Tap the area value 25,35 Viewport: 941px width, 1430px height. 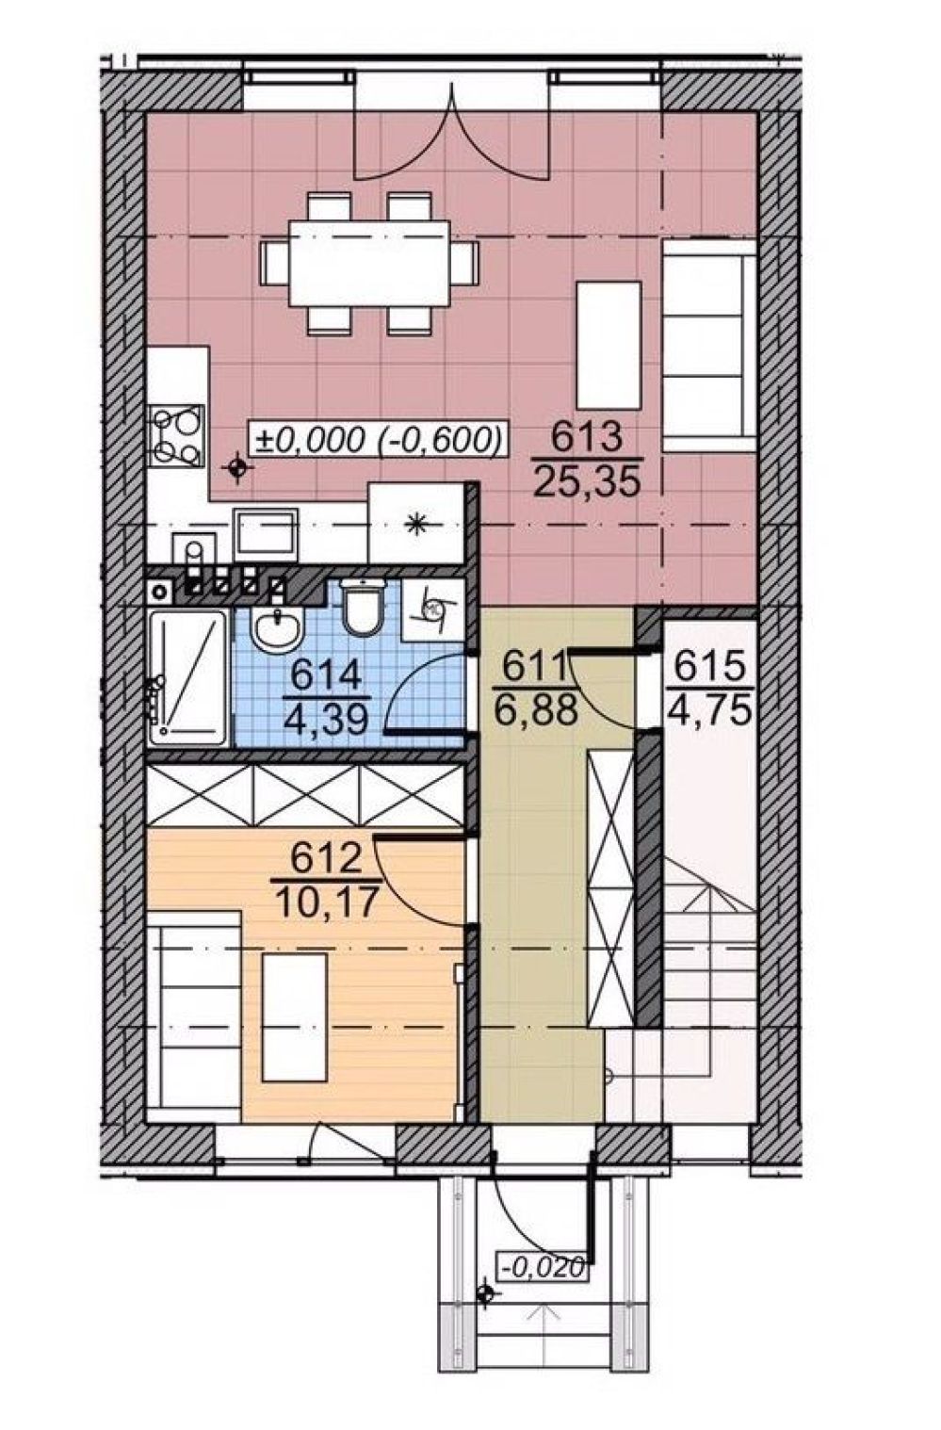(587, 481)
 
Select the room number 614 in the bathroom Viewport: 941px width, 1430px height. (326, 675)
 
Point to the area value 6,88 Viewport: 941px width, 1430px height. (536, 709)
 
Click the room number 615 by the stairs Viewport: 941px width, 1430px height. (710, 667)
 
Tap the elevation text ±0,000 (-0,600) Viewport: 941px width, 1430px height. (378, 439)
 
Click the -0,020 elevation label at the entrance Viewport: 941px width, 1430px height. (544, 1265)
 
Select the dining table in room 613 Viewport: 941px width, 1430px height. (369, 264)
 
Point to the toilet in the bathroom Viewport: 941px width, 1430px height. (362, 607)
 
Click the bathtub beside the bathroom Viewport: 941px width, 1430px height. (187, 677)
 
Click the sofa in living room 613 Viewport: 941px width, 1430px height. (709, 346)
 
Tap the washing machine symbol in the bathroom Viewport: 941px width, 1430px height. (433, 609)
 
